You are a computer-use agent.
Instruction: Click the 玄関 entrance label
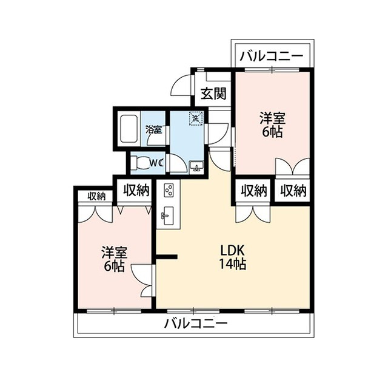click(213, 94)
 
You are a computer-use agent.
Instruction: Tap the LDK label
click(233, 251)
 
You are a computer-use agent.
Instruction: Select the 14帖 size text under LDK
click(233, 264)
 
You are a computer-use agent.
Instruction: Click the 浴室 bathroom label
click(153, 129)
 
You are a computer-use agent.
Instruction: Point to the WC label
click(157, 163)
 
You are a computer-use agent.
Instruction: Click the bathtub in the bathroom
click(129, 129)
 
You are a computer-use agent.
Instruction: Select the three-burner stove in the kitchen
click(169, 190)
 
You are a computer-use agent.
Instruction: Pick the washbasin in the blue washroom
click(196, 167)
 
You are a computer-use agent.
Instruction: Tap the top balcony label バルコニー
click(272, 55)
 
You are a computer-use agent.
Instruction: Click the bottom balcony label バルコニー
click(196, 323)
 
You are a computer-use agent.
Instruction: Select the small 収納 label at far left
click(96, 197)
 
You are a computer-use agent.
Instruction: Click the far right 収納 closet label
click(293, 191)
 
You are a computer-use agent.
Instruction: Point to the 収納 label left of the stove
click(136, 190)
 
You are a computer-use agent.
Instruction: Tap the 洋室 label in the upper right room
click(272, 118)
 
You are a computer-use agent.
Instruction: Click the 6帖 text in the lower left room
click(114, 266)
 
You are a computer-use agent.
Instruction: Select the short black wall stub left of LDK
click(166, 257)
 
